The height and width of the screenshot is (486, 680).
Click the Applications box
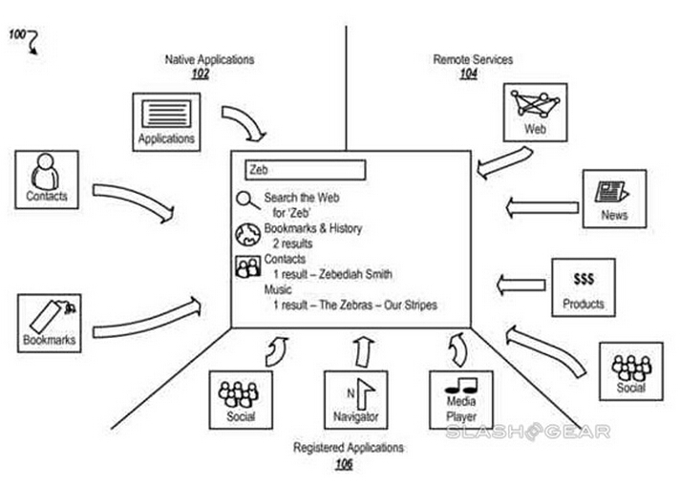tap(166, 121)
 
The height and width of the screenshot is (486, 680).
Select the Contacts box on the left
tap(46, 180)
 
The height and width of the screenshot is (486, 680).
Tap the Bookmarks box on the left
tap(49, 324)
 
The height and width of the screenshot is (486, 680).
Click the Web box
tap(535, 111)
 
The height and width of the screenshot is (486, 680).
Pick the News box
tap(614, 199)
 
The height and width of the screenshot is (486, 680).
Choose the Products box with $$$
tap(583, 287)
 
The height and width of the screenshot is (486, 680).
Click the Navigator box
tap(355, 400)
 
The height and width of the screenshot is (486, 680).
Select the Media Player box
tap(461, 400)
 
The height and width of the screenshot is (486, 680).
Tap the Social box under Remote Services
tap(629, 371)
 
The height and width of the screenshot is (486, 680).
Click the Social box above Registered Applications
tap(240, 400)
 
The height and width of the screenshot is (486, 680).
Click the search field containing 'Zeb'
tap(305, 170)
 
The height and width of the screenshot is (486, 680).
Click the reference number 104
tap(468, 74)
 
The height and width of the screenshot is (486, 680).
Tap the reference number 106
tap(343, 464)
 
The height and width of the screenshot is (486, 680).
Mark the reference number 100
tap(17, 35)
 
